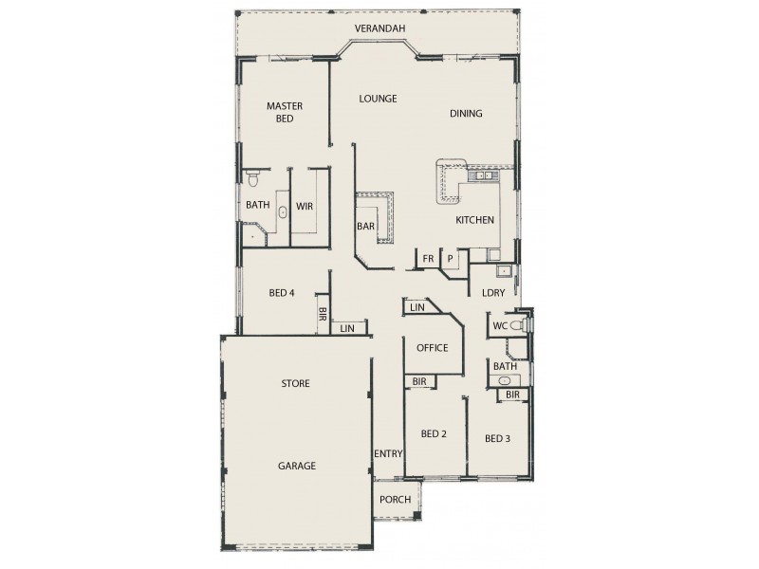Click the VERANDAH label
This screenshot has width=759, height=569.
tap(379, 28)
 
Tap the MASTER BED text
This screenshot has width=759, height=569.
tap(284, 113)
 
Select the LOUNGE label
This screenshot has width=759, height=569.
tap(378, 99)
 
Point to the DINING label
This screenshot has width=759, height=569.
tap(466, 114)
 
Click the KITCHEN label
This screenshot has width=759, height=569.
tap(474, 220)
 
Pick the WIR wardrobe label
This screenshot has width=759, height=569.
tap(305, 205)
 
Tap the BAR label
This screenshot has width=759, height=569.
tap(365, 227)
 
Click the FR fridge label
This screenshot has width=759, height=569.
tap(428, 258)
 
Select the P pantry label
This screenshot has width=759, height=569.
tap(450, 258)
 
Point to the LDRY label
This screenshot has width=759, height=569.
tap(492, 293)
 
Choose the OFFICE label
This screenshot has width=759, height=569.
tap(432, 348)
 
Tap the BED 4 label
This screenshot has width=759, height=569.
tap(282, 293)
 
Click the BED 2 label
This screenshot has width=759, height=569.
tap(433, 434)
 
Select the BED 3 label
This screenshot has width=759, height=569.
tap(497, 438)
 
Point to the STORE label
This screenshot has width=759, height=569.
tap(296, 384)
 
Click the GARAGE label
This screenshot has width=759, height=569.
tap(296, 466)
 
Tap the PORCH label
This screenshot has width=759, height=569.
tap(395, 500)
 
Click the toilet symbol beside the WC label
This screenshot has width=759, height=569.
tap(517, 325)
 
